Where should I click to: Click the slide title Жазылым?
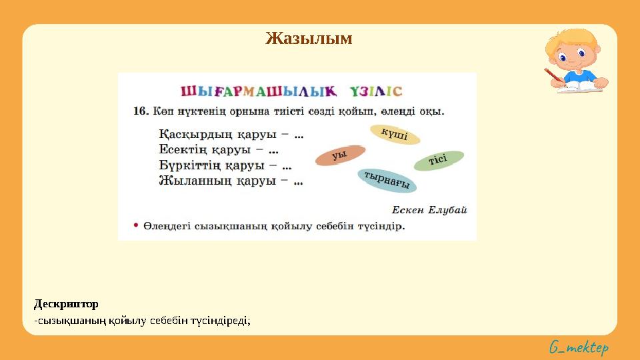309,39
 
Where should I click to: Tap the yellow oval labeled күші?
395,135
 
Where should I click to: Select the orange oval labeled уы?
340,155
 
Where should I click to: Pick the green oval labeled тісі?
438,161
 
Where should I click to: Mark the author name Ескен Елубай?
429,209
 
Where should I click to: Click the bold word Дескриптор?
66,304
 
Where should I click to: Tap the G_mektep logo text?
579,347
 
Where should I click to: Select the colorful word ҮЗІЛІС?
377,91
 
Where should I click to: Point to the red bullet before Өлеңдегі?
135,225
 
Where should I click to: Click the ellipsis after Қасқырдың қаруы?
298,135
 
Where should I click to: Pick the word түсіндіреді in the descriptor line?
219,321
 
